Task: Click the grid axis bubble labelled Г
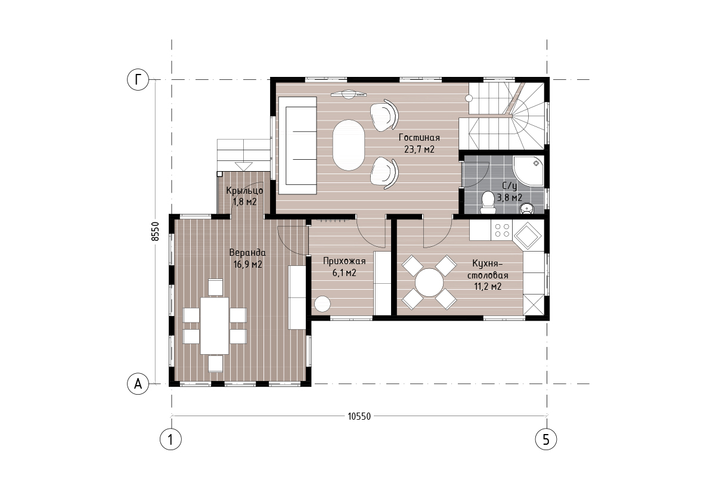[138, 80]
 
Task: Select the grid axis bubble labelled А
[138, 384]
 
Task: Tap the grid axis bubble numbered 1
[170, 439]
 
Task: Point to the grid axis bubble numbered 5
[546, 439]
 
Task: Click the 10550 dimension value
[359, 417]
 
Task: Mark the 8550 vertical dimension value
[155, 232]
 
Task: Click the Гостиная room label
[419, 138]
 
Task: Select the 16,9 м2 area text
[247, 264]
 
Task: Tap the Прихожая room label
[344, 261]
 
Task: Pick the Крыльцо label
[244, 191]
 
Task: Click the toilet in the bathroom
[488, 203]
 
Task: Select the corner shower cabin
[528, 171]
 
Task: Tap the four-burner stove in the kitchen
[502, 230]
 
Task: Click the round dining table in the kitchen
[429, 283]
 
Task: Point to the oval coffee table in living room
[348, 145]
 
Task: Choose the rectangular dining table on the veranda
[215, 326]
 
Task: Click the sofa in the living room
[297, 145]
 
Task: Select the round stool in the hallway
[322, 304]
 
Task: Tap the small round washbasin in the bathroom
[526, 208]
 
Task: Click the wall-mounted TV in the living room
[348, 95]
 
